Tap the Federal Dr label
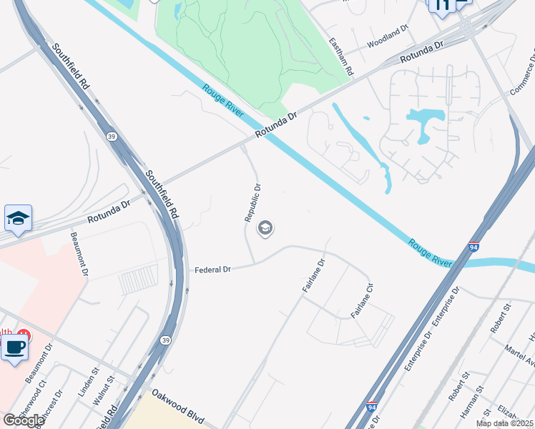coord(214,270)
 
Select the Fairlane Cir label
coord(361,300)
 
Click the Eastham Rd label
coord(340,57)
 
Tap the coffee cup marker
coord(14,348)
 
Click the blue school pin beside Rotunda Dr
coord(18,218)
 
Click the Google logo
coord(23,420)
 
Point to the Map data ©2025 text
coord(504,423)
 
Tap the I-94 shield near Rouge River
coord(473,247)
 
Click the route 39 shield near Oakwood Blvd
coord(166,340)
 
